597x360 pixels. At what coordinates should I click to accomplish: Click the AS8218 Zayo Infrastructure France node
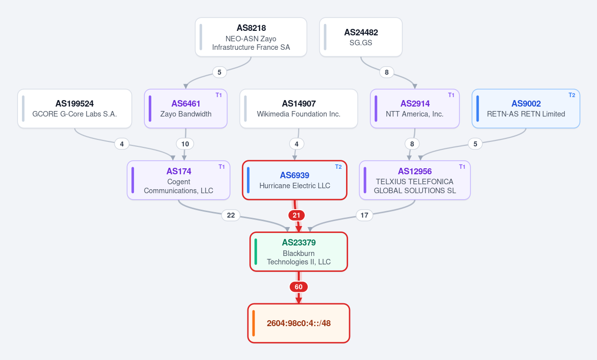click(251, 37)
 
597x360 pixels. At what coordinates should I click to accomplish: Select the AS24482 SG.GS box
click(361, 37)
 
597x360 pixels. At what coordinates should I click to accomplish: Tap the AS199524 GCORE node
click(75, 109)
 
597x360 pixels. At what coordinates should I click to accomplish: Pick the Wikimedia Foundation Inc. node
click(299, 109)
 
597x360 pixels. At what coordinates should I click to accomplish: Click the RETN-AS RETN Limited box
click(526, 109)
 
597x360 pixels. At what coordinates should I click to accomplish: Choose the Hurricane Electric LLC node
click(295, 180)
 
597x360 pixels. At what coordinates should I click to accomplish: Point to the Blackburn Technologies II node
click(299, 251)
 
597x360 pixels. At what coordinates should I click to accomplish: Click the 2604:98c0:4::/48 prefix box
click(299, 323)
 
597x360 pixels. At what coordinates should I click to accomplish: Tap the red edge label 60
click(299, 287)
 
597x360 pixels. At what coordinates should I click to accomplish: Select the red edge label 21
click(297, 216)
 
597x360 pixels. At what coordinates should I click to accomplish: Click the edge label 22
click(231, 216)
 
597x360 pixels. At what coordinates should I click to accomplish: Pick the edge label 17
click(364, 216)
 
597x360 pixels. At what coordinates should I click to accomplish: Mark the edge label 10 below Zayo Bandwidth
click(185, 144)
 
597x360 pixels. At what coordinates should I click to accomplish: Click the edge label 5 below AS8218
click(219, 72)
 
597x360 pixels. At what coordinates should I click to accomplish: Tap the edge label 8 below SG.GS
click(387, 72)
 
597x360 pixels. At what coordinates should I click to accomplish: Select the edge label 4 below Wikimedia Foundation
click(297, 144)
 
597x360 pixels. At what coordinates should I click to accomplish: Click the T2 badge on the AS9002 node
click(572, 95)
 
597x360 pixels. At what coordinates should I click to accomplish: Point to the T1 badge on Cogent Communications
click(222, 167)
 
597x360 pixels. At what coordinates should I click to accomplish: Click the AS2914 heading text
click(415, 104)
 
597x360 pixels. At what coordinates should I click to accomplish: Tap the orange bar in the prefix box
click(253, 323)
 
